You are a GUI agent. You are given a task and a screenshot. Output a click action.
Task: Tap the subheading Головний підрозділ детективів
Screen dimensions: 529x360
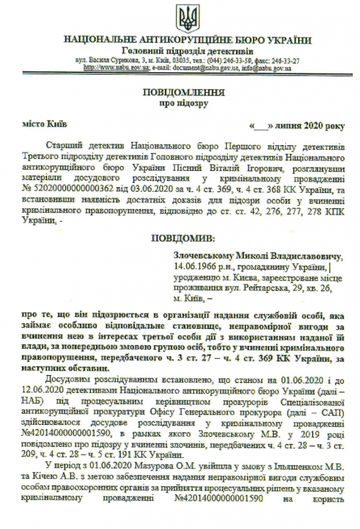[187, 51]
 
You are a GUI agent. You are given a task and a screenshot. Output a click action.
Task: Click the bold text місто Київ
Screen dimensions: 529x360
[44, 124]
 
